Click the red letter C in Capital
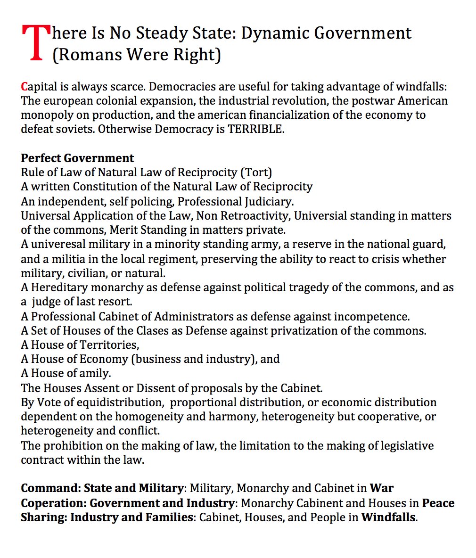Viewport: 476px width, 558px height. pyautogui.click(x=24, y=87)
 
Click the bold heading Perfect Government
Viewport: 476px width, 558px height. pyautogui.click(x=77, y=158)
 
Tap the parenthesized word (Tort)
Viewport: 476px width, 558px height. pyautogui.click(x=256, y=172)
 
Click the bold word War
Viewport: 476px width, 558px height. pyautogui.click(x=381, y=488)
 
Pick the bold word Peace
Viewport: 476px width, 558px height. pyautogui.click(x=438, y=503)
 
